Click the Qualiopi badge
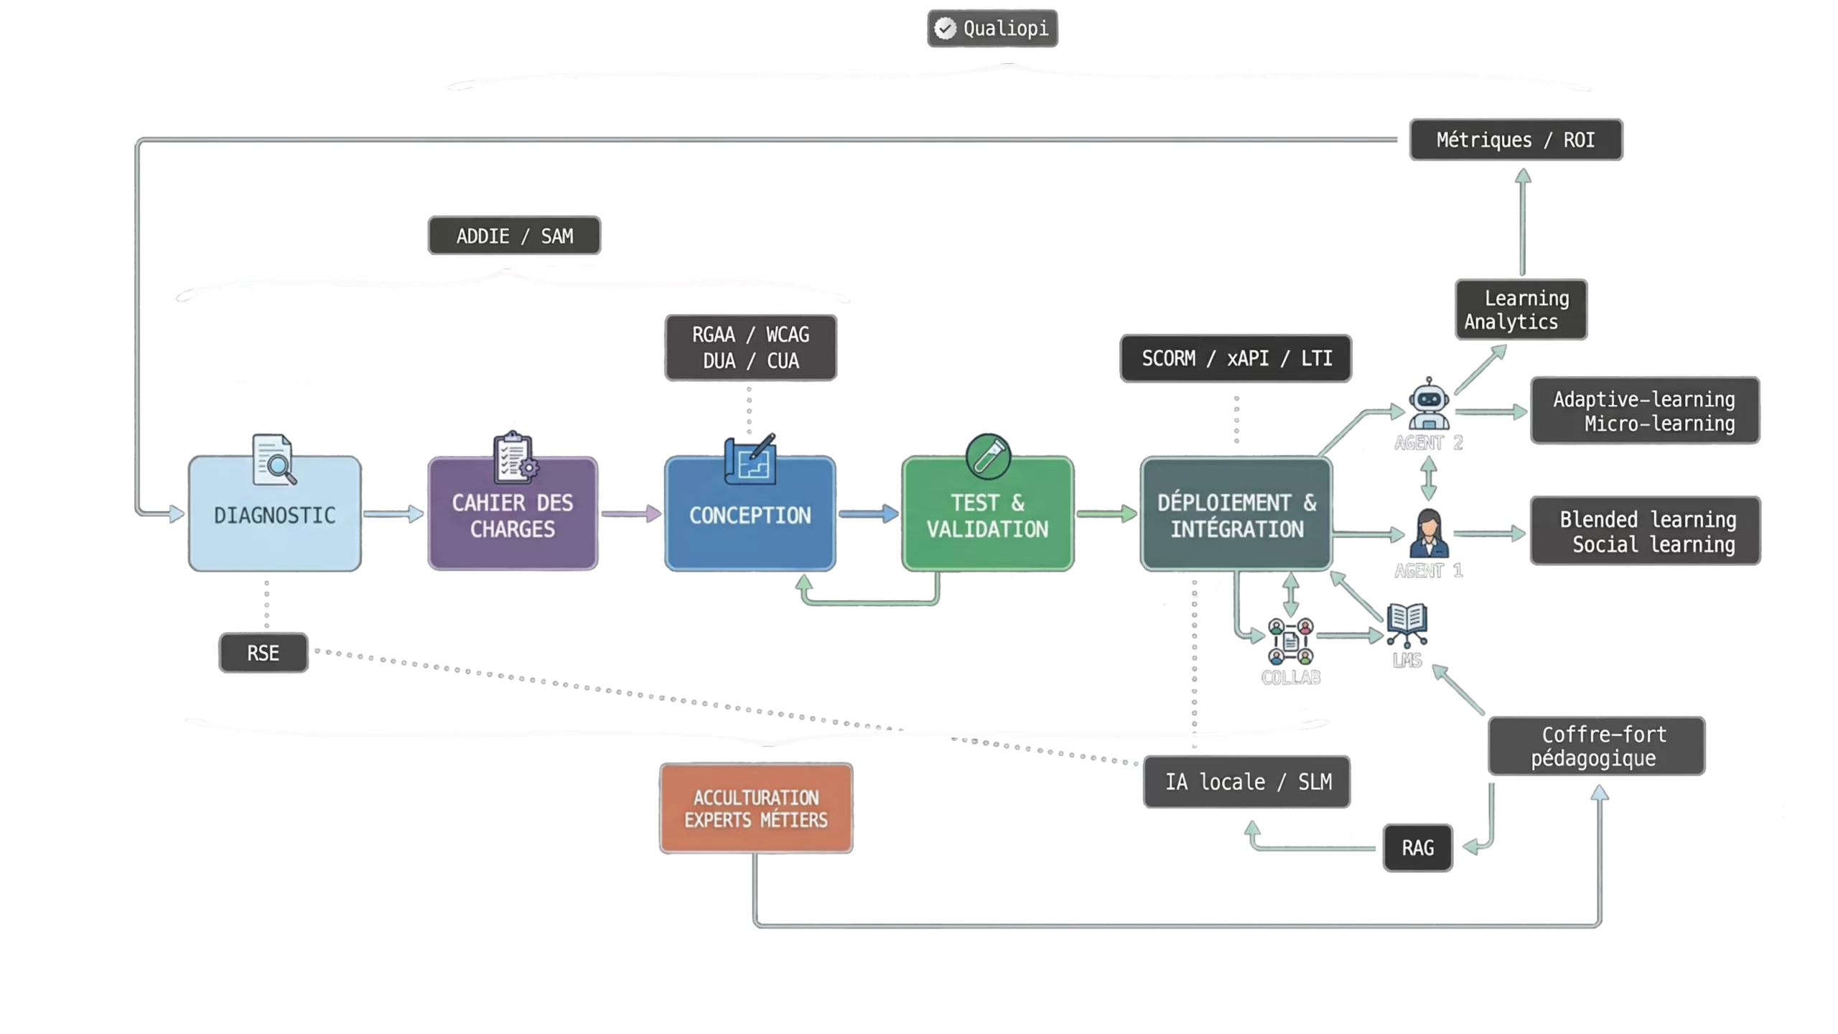992,29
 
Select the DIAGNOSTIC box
275,513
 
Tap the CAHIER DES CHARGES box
513,513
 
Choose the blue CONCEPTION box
750,513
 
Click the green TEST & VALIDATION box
988,513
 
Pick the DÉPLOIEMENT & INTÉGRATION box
1236,513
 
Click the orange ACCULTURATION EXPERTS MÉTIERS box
756,809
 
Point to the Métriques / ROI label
1516,139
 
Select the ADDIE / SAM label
514,236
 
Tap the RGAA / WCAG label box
750,348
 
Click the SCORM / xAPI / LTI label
1236,358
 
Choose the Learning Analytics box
1521,309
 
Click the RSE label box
263,653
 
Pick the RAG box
1418,848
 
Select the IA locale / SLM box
1247,781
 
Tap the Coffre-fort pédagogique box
1596,746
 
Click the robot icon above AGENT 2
1429,404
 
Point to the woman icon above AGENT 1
1429,534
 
